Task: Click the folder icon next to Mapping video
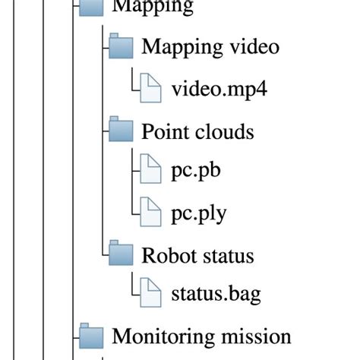click(x=122, y=47)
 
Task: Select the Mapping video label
click(x=210, y=47)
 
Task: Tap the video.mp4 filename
click(x=219, y=89)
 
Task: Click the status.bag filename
click(x=216, y=294)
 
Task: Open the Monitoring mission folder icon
click(x=92, y=336)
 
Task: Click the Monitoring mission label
click(x=201, y=336)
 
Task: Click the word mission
click(x=255, y=336)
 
